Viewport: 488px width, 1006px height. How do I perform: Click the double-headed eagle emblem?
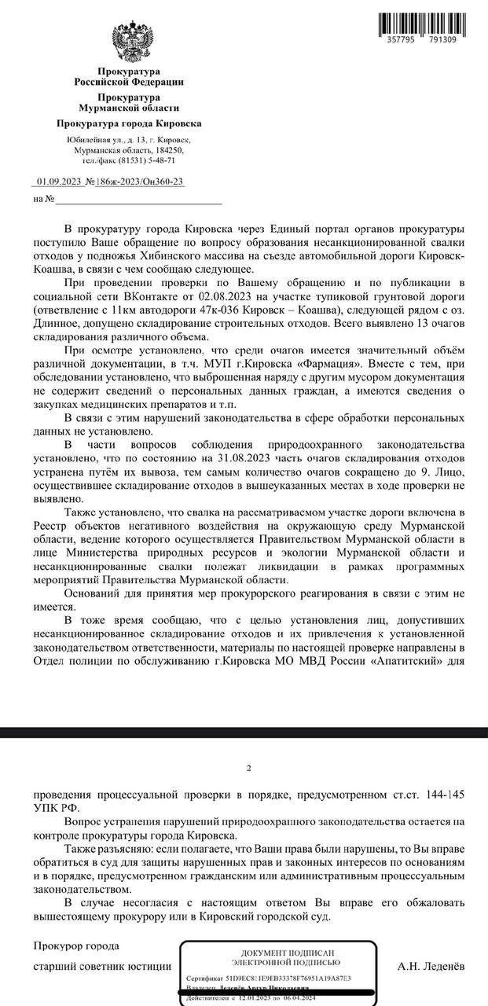pyautogui.click(x=132, y=43)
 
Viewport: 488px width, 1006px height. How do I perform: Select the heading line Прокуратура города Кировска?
pyautogui.click(x=129, y=123)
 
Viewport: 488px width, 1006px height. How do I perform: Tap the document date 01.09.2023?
pyautogui.click(x=59, y=182)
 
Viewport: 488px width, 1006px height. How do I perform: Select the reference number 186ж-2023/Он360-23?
pyautogui.click(x=141, y=182)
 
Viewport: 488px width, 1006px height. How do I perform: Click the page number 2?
pyautogui.click(x=248, y=768)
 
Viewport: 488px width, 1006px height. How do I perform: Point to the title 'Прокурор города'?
pyautogui.click(x=76, y=945)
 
